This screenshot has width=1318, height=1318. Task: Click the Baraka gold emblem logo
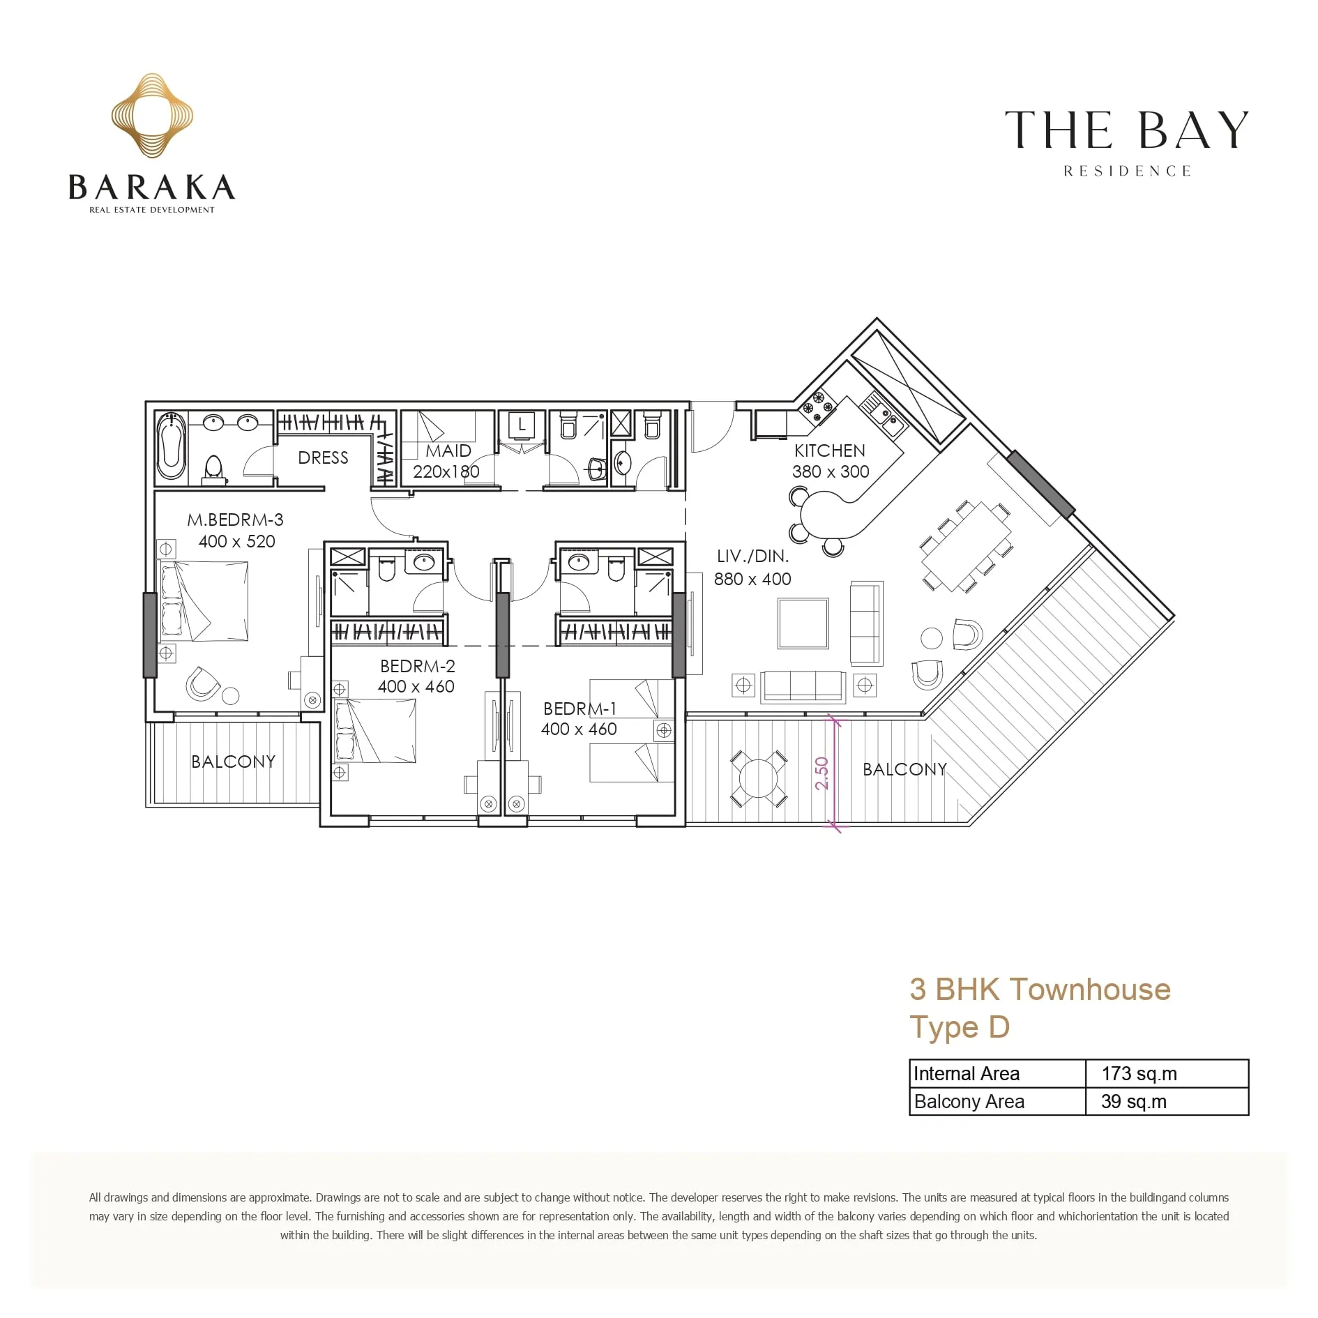[x=152, y=115]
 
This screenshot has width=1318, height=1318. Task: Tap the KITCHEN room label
[x=829, y=450]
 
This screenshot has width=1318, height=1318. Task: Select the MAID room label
[x=448, y=450]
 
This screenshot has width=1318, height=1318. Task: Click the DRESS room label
[x=323, y=457]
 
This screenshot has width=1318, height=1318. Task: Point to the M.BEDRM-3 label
[x=235, y=520]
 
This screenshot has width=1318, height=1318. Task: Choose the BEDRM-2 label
[x=417, y=666]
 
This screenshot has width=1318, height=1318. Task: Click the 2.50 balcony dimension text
[x=821, y=773]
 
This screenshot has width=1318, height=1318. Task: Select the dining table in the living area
[x=966, y=547]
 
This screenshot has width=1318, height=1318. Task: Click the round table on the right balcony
[x=758, y=778]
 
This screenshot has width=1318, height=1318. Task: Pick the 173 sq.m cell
[x=1139, y=1073]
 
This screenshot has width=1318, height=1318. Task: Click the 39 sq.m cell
[x=1133, y=1101]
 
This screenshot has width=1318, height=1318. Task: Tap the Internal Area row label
[x=966, y=1073]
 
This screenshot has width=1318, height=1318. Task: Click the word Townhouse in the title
[x=1090, y=989]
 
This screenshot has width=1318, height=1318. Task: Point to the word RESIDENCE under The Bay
[x=1127, y=171]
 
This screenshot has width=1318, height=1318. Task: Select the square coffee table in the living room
[x=803, y=623]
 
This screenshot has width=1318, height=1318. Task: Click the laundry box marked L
[x=522, y=425]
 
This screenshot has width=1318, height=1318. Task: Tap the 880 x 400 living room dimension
[x=752, y=579]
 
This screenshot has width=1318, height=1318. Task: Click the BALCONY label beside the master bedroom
[x=234, y=762]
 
